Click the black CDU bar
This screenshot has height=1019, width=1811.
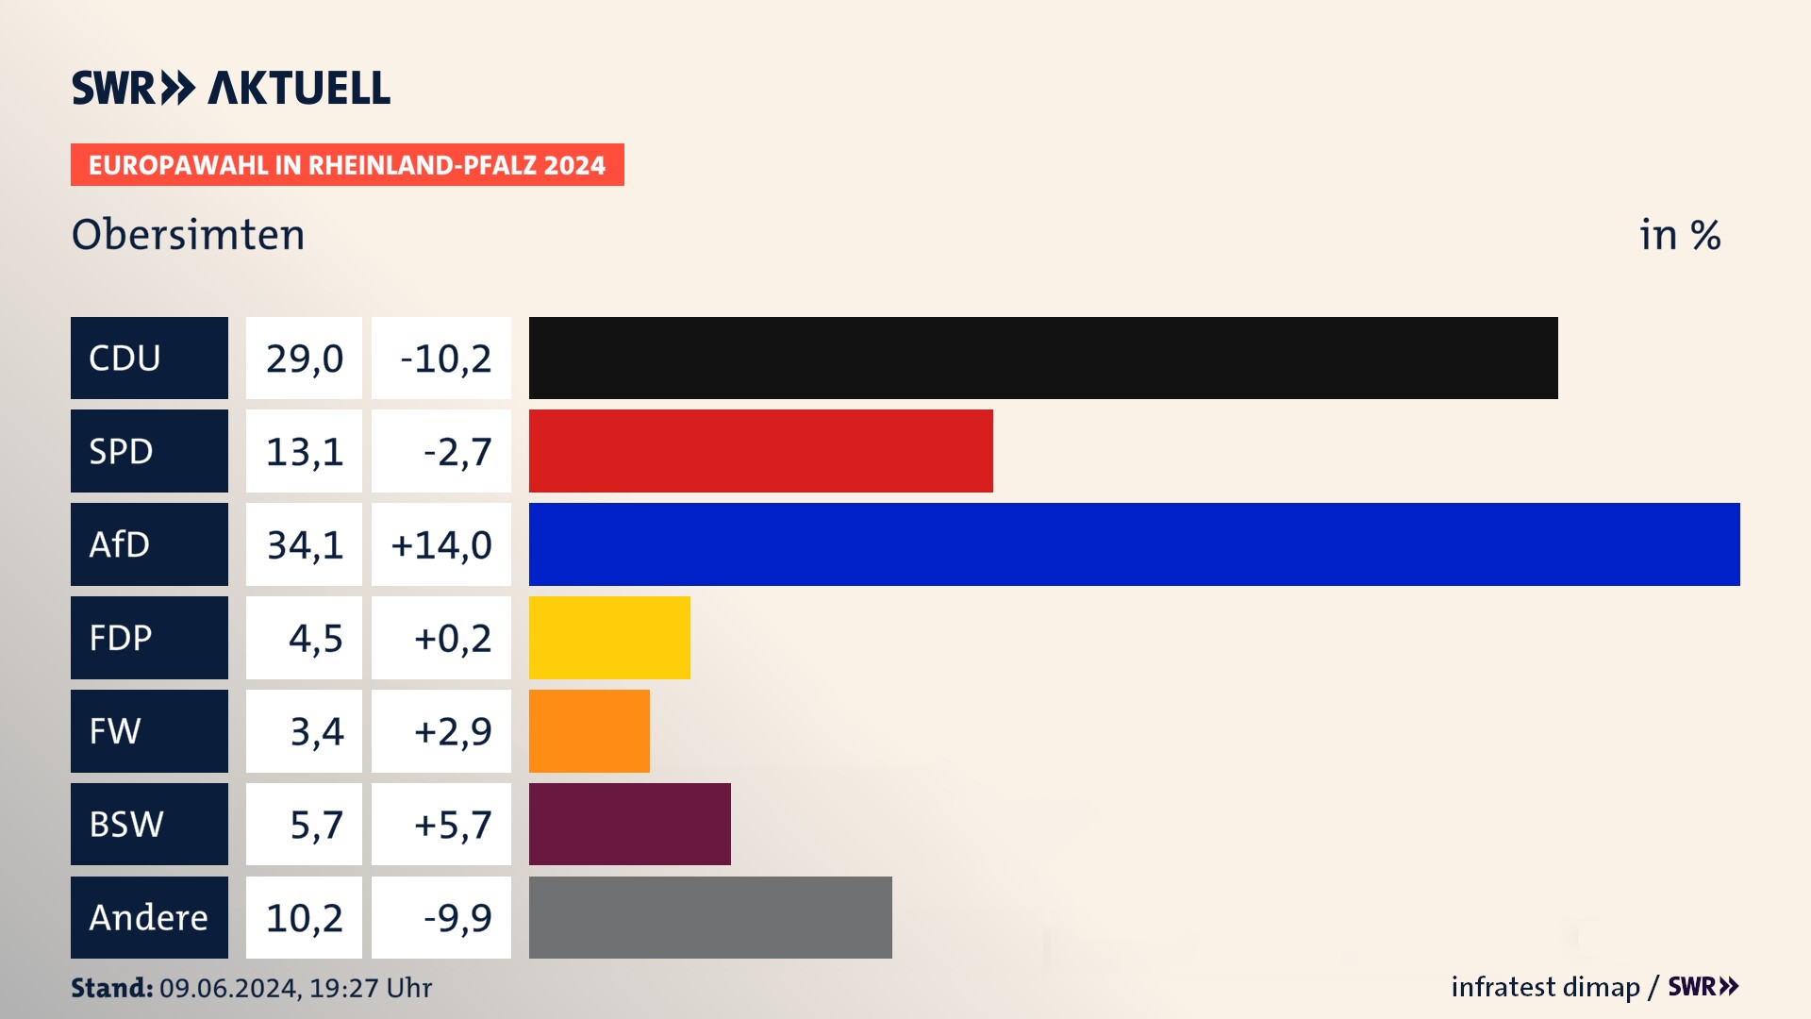[x=1042, y=358]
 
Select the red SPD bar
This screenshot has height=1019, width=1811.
[x=760, y=451]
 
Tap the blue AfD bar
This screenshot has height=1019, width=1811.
[x=1134, y=544]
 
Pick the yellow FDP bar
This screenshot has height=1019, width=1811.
[x=609, y=638]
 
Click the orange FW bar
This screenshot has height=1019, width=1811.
[x=589, y=731]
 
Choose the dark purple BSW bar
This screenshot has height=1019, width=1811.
[x=629, y=824]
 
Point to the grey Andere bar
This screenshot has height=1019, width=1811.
[x=710, y=917]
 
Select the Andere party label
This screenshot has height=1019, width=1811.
[x=149, y=917]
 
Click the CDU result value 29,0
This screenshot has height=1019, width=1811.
[x=304, y=359]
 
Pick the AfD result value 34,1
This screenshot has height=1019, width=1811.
[x=304, y=545]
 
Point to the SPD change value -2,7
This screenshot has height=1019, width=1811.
[x=457, y=452]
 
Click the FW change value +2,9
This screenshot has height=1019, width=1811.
[x=452, y=732]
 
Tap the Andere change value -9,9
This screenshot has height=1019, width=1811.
[x=457, y=918]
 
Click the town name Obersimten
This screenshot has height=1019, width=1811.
[x=189, y=235]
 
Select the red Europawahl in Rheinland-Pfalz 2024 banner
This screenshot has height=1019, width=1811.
[x=347, y=165]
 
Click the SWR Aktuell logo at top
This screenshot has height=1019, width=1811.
[x=231, y=88]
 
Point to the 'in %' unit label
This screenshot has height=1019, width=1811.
[x=1680, y=235]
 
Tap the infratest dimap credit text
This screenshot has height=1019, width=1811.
[x=1545, y=987]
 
